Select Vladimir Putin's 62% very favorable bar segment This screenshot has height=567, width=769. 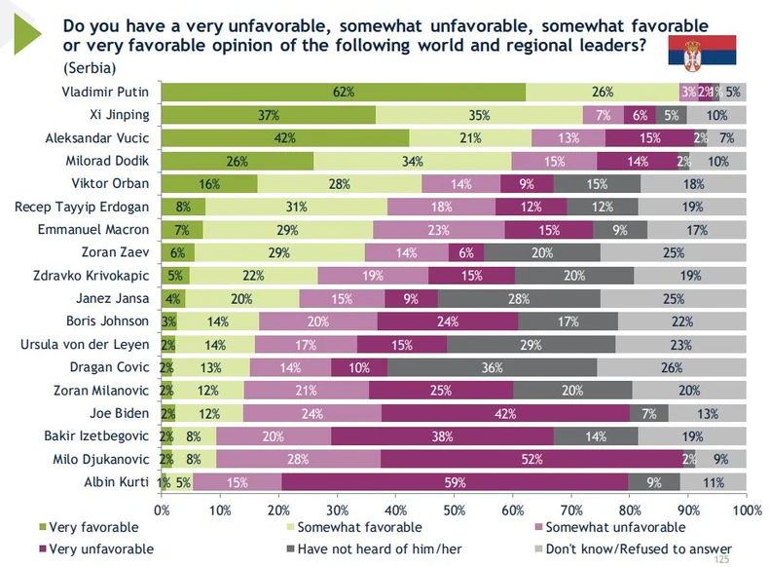(x=343, y=93)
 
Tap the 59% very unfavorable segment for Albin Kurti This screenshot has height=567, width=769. (x=456, y=481)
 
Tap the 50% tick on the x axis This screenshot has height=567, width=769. (x=455, y=509)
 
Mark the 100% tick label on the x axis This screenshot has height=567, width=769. (x=746, y=509)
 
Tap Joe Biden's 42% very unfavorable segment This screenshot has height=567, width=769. (x=505, y=413)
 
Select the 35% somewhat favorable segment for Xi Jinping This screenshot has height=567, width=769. (x=479, y=115)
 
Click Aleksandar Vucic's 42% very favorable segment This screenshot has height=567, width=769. (x=284, y=138)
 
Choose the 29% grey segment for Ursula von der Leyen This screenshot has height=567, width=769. (x=531, y=344)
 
